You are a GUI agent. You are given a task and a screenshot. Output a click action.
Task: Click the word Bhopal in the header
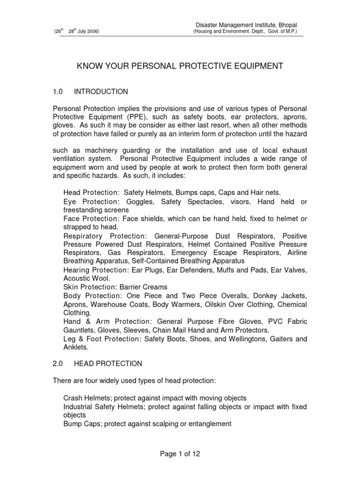click(x=285, y=24)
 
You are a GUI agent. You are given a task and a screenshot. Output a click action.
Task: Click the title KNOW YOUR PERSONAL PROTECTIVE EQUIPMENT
click(x=180, y=66)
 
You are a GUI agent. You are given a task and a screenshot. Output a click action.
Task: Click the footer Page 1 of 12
click(x=180, y=454)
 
